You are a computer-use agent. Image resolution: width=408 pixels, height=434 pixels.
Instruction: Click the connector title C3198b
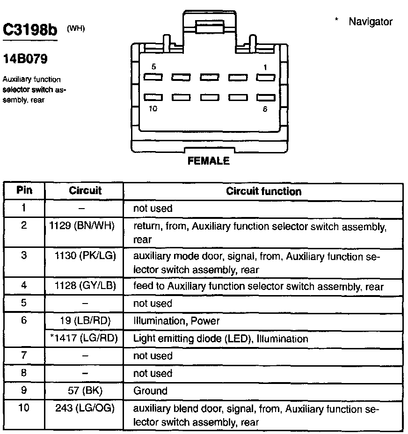(x=30, y=30)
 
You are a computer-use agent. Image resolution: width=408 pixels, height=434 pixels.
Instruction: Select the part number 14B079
(x=25, y=60)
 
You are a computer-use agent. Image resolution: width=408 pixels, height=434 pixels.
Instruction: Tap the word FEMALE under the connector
(x=209, y=161)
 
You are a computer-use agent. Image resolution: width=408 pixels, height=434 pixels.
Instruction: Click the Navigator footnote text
(x=371, y=22)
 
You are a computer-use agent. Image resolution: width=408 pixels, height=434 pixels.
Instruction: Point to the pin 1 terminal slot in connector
(x=265, y=77)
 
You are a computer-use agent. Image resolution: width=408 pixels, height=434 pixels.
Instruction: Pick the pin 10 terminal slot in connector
(x=153, y=97)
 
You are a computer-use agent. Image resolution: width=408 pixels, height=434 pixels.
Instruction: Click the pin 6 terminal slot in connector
(x=265, y=97)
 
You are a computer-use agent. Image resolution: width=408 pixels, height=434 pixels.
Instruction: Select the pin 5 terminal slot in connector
(x=153, y=77)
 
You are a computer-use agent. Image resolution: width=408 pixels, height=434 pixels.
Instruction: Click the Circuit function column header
(x=263, y=191)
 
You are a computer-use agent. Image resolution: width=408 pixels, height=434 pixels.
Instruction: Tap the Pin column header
(x=24, y=191)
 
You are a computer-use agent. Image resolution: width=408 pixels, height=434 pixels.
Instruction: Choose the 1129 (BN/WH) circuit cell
(x=82, y=226)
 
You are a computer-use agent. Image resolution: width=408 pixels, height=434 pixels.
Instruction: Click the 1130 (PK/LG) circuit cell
(x=85, y=257)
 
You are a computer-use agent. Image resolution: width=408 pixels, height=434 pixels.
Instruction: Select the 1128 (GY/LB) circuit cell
(x=85, y=285)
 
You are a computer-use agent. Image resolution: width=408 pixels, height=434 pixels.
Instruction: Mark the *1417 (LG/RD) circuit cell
(x=85, y=339)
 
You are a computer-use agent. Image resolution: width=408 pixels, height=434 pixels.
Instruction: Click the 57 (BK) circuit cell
(x=85, y=391)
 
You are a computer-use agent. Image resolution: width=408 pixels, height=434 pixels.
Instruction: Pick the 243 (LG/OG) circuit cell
(x=85, y=409)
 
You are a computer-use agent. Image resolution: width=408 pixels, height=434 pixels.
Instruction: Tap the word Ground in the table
(x=150, y=391)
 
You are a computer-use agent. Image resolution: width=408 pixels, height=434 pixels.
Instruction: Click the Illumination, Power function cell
(x=176, y=321)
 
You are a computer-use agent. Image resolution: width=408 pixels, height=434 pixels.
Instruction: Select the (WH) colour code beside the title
(x=76, y=29)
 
